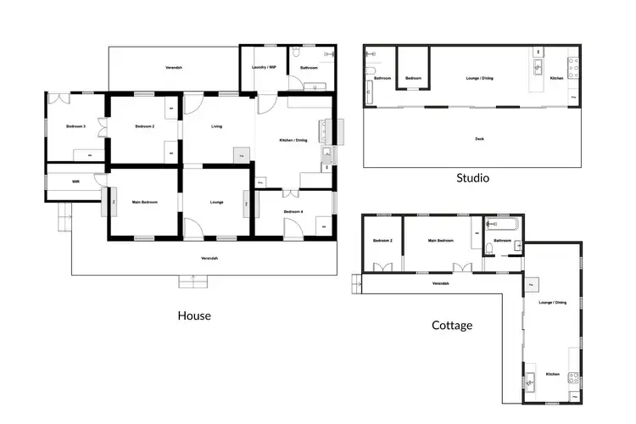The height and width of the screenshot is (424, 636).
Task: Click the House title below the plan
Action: click(x=194, y=315)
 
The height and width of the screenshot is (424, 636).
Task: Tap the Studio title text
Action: click(x=472, y=178)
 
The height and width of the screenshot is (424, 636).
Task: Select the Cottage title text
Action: click(x=452, y=325)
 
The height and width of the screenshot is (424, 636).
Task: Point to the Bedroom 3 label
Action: click(x=76, y=126)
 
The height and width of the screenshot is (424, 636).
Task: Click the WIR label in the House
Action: click(x=75, y=181)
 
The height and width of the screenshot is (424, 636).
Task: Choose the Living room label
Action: click(x=217, y=126)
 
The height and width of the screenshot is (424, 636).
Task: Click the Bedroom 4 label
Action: click(x=293, y=210)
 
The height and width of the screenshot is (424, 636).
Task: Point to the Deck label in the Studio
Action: click(x=479, y=137)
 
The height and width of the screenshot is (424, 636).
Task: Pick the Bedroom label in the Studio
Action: click(x=413, y=78)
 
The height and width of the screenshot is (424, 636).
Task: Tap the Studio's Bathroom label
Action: click(x=382, y=78)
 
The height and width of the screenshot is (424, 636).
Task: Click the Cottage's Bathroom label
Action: click(x=502, y=240)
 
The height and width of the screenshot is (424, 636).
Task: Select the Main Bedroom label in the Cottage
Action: click(x=441, y=241)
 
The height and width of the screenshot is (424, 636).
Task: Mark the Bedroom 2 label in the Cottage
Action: click(x=382, y=241)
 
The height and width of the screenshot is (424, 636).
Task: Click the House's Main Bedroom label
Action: click(x=144, y=202)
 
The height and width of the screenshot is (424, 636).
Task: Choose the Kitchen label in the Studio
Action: click(x=557, y=78)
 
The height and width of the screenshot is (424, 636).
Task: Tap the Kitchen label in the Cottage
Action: click(x=552, y=374)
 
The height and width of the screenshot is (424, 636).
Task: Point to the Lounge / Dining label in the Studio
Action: click(x=480, y=78)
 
